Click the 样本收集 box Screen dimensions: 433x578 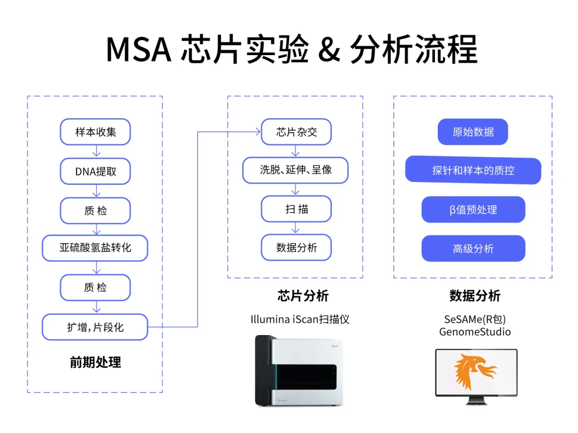pyautogui.click(x=95, y=132)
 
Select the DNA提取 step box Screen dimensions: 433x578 pyautogui.click(x=95, y=171)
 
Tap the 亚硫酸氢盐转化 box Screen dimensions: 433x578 pyautogui.click(x=95, y=248)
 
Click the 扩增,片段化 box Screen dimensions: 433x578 pyautogui.click(x=95, y=326)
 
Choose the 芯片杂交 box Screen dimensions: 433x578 pyautogui.click(x=296, y=132)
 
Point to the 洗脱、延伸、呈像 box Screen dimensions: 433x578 pyautogui.click(x=296, y=170)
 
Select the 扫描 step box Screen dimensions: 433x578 pyautogui.click(x=296, y=209)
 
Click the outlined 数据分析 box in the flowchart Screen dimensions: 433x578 pyautogui.click(x=296, y=248)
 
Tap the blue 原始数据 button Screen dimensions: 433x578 pyautogui.click(x=473, y=132)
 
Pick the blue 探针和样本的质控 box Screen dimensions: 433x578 pyautogui.click(x=473, y=171)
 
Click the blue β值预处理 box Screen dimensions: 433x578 pyautogui.click(x=473, y=210)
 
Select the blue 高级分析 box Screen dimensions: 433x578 pyautogui.click(x=473, y=249)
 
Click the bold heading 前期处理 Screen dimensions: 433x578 pyautogui.click(x=95, y=362)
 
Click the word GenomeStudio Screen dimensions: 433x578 pyautogui.click(x=475, y=332)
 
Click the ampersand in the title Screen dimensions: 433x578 pyautogui.click(x=329, y=50)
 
